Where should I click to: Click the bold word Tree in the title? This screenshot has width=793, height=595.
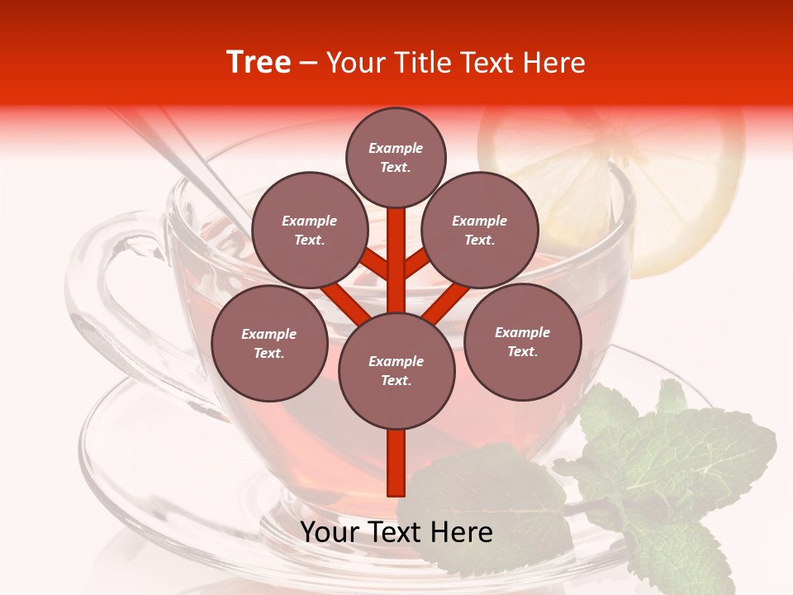coord(259,63)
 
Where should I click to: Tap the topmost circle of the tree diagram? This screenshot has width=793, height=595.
coord(396,157)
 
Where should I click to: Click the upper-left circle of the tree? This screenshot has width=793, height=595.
coord(310,230)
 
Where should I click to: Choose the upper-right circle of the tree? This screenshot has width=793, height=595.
coord(480,230)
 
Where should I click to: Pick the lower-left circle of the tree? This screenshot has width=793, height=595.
coord(269,343)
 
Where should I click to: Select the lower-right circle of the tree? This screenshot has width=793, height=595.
coord(523,341)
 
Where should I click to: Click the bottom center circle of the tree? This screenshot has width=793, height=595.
coord(396,371)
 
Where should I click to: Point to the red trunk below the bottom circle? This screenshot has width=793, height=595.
coord(396,463)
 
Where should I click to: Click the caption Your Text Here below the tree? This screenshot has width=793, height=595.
coord(396,532)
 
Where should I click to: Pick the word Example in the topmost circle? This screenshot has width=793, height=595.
coord(396,148)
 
